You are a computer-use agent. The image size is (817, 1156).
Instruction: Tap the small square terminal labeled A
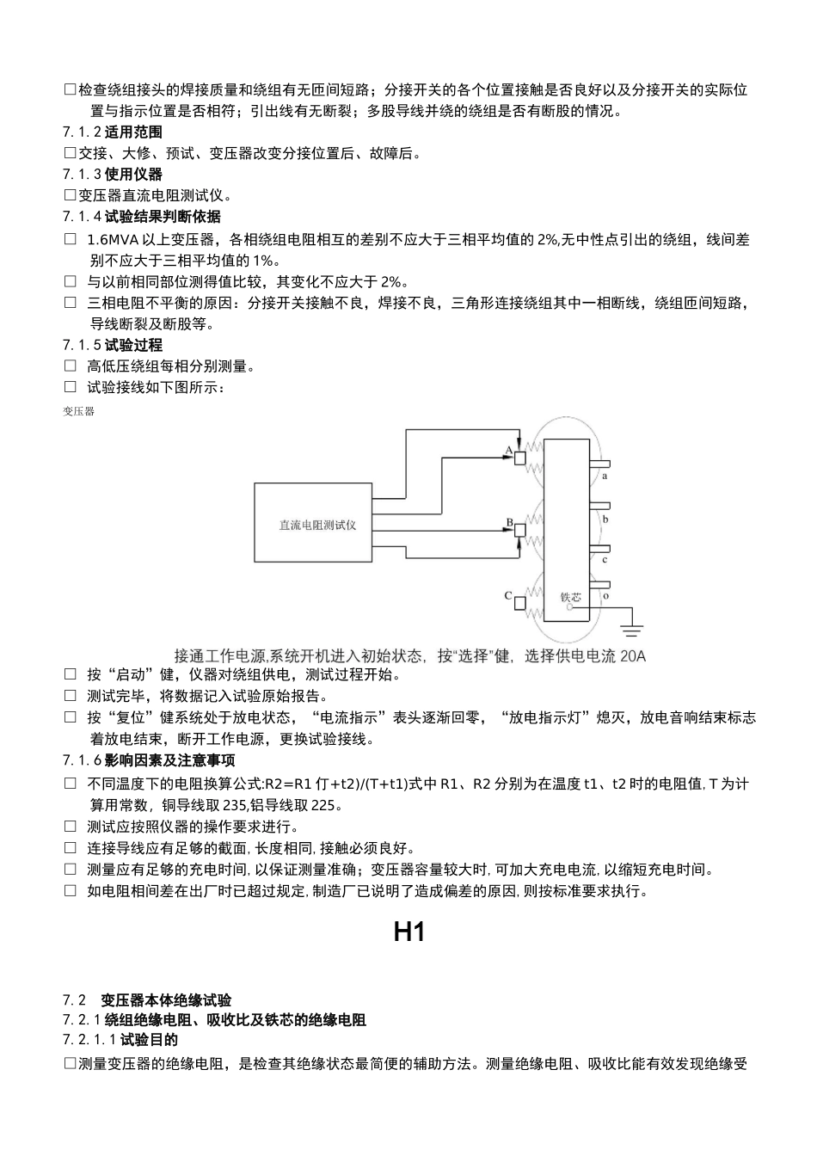pyautogui.click(x=519, y=458)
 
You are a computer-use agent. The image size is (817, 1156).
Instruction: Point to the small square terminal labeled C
pyautogui.click(x=519, y=603)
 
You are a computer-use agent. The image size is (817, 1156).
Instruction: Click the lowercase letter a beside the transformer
pyautogui.click(x=605, y=475)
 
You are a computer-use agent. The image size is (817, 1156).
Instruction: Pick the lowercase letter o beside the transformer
pyautogui.click(x=605, y=594)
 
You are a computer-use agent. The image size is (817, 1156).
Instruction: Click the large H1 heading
pyautogui.click(x=409, y=932)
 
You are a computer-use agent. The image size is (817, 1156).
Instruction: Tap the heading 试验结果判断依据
pyautogui.click(x=163, y=217)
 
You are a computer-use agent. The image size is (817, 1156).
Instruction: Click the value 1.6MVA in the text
pyautogui.click(x=114, y=239)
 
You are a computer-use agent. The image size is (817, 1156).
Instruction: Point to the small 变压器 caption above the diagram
pyautogui.click(x=78, y=411)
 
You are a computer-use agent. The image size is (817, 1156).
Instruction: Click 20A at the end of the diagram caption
pyautogui.click(x=632, y=656)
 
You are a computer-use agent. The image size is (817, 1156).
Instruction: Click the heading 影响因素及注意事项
pyautogui.click(x=170, y=760)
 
